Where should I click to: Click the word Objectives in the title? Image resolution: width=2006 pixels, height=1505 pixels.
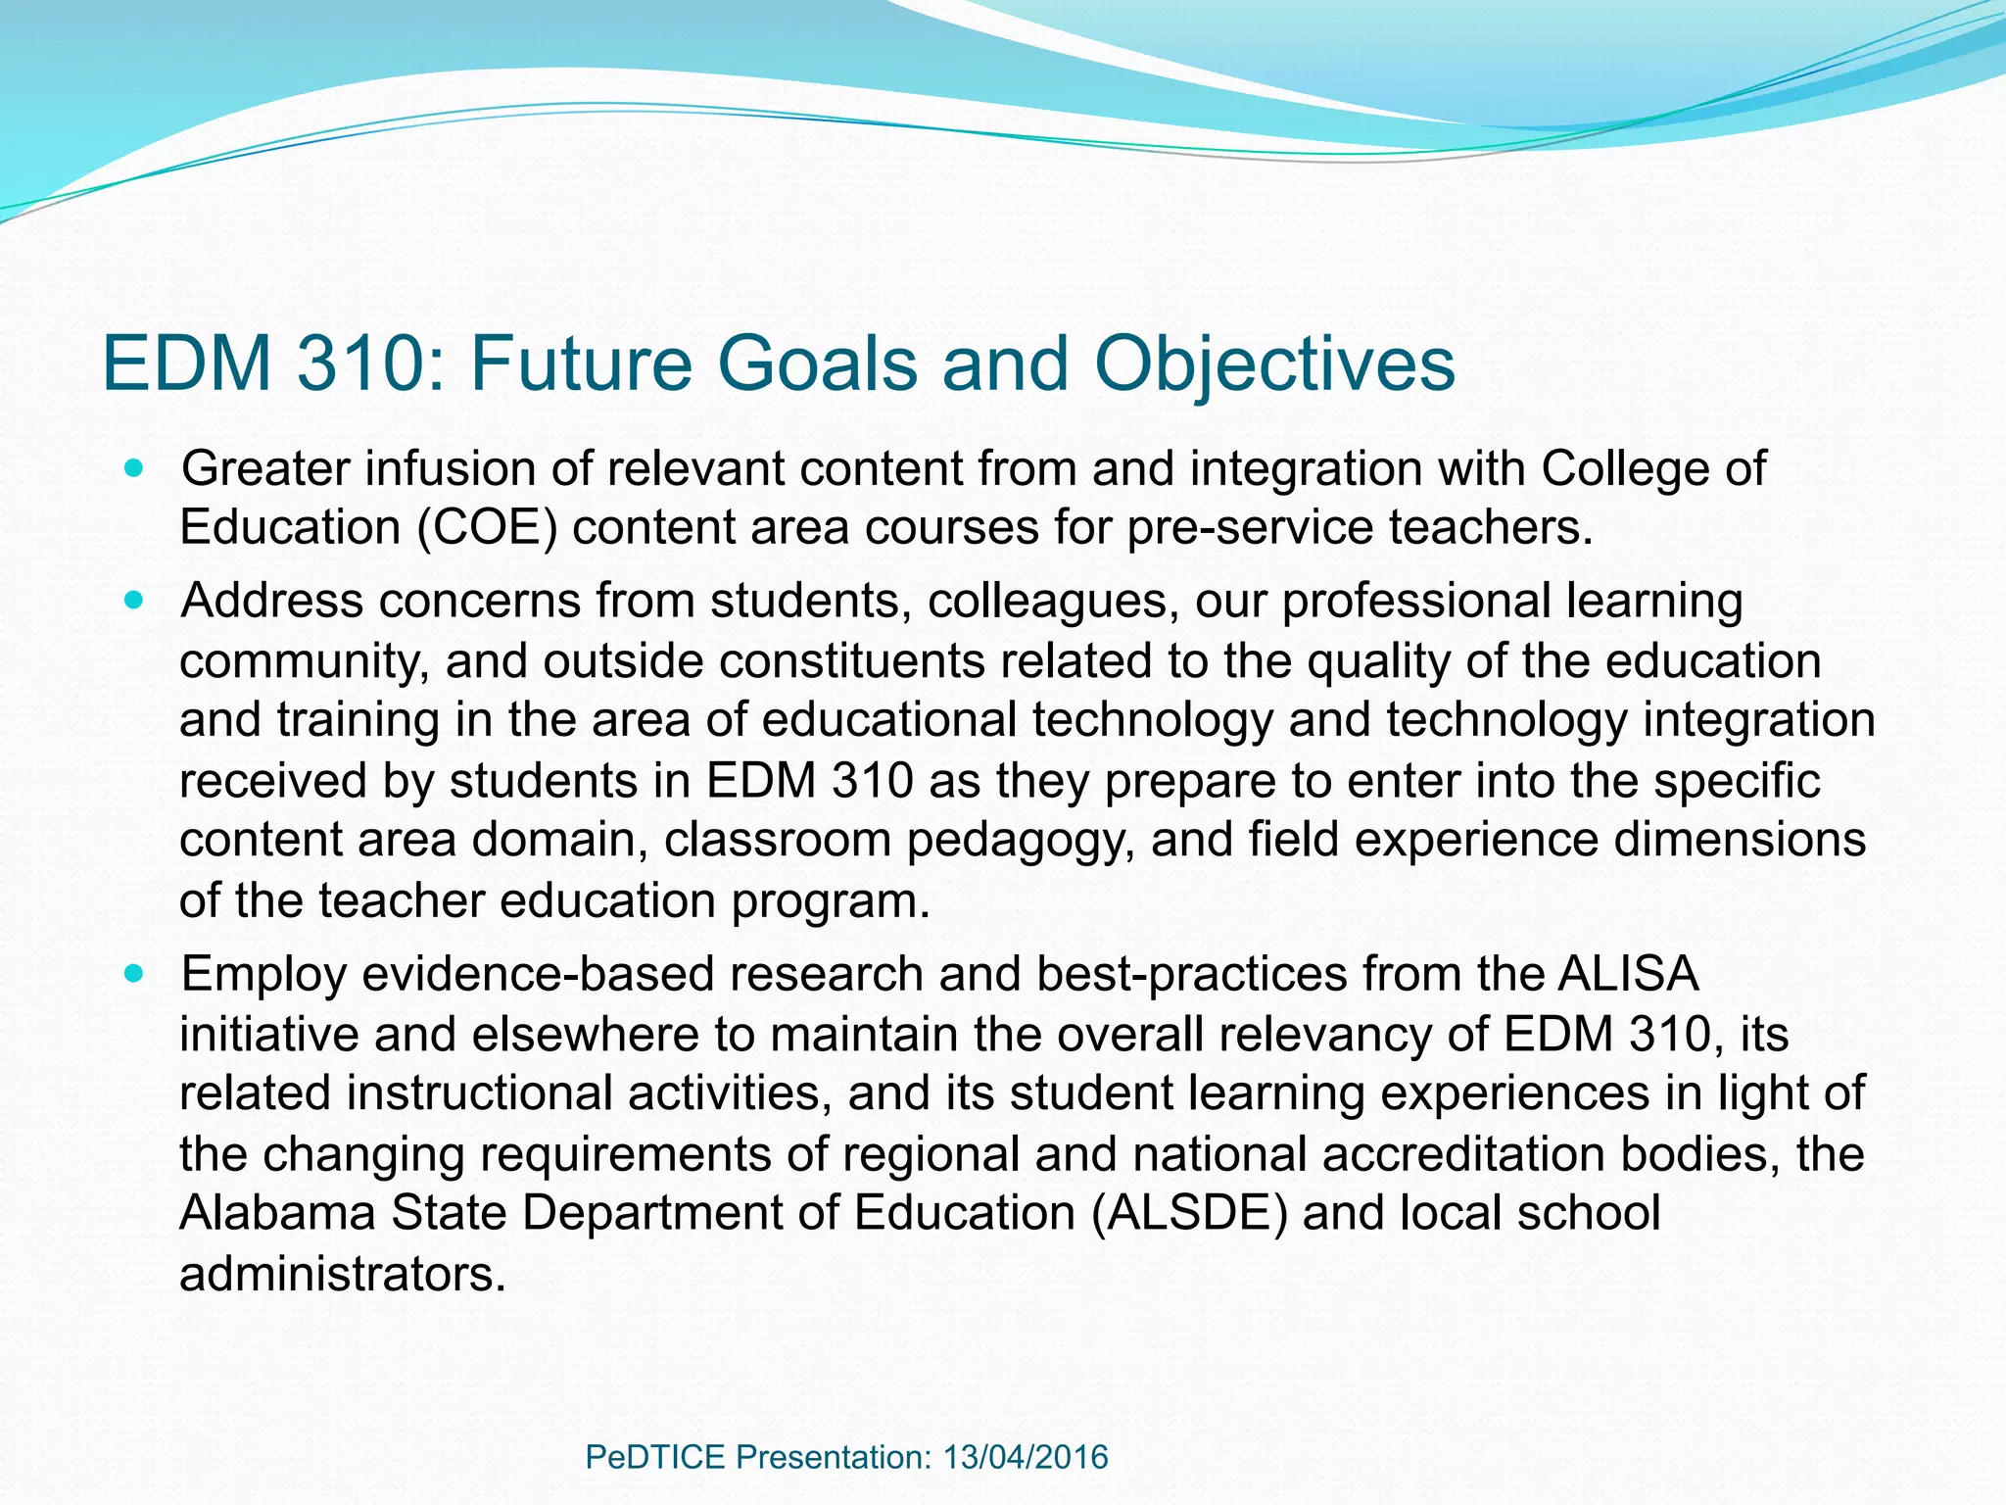[x=1274, y=364]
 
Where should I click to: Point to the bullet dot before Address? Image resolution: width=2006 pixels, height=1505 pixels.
[x=134, y=600]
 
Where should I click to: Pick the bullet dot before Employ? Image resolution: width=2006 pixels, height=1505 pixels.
[x=134, y=974]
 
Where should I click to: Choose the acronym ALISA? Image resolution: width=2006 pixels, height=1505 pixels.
[x=1628, y=974]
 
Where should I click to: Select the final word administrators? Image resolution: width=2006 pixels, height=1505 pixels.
[x=343, y=1274]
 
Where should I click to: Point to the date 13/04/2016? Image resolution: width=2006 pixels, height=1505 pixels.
[x=1026, y=1457]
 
